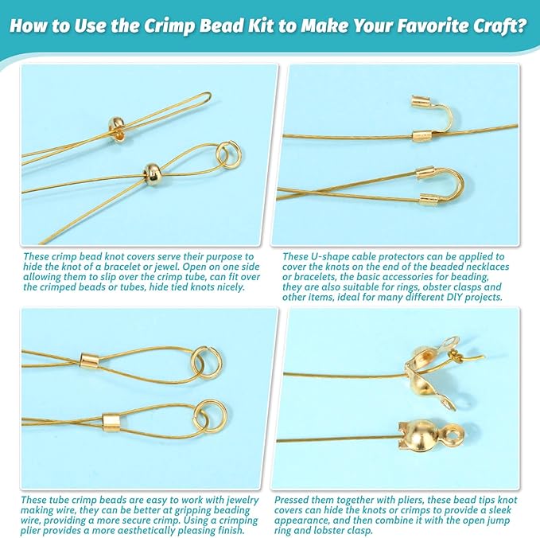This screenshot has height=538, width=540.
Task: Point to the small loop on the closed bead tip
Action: (x=461, y=434)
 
